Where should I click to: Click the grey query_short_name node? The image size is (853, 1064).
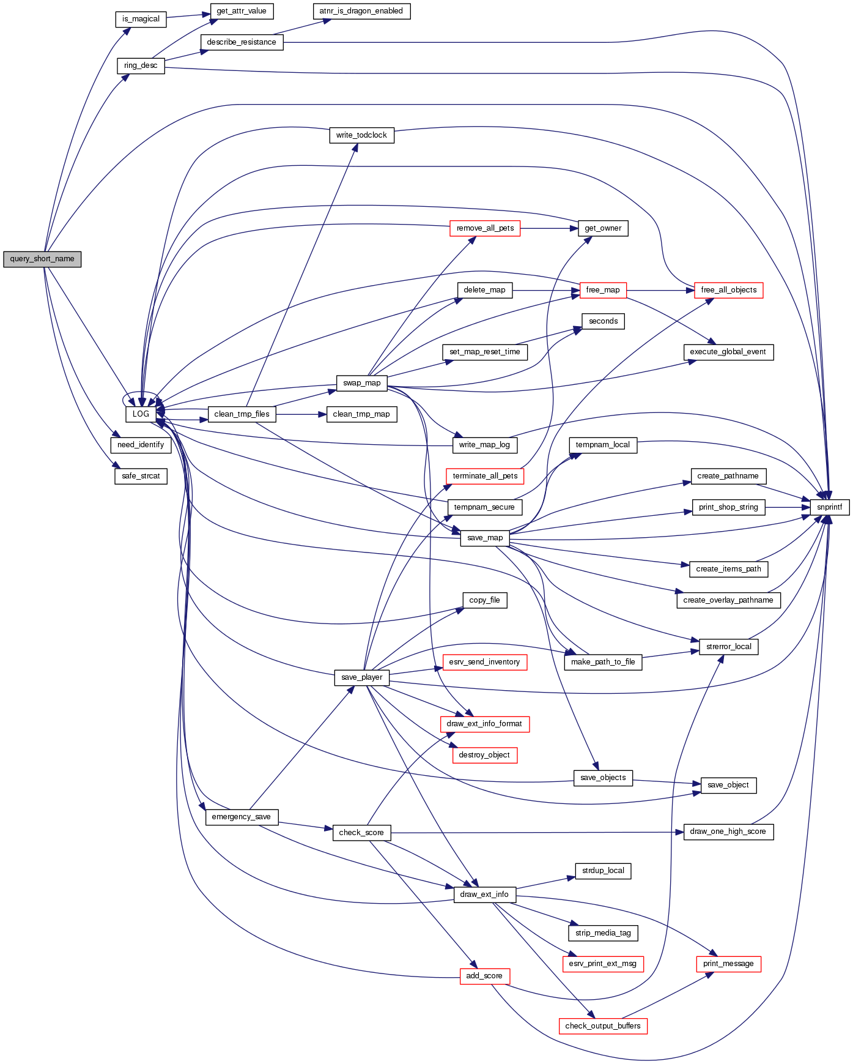(42, 259)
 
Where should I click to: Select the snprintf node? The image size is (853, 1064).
(829, 507)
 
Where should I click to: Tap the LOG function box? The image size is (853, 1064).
(141, 414)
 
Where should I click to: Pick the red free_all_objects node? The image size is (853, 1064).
(728, 290)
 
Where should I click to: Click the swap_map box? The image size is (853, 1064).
(361, 383)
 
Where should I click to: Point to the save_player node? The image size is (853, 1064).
(361, 677)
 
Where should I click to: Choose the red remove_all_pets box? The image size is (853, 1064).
(485, 228)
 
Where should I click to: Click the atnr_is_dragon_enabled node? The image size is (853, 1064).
(361, 11)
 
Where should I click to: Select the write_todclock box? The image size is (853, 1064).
(361, 135)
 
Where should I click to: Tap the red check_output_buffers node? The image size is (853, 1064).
(602, 1026)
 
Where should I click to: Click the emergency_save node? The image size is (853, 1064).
(242, 817)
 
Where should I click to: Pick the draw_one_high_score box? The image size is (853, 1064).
(728, 832)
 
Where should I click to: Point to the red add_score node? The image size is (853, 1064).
(484, 976)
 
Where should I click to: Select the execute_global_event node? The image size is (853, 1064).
(728, 352)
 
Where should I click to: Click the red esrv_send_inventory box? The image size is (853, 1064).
(484, 662)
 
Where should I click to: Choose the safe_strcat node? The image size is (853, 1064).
(141, 476)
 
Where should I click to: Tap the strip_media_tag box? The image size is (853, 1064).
(603, 933)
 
